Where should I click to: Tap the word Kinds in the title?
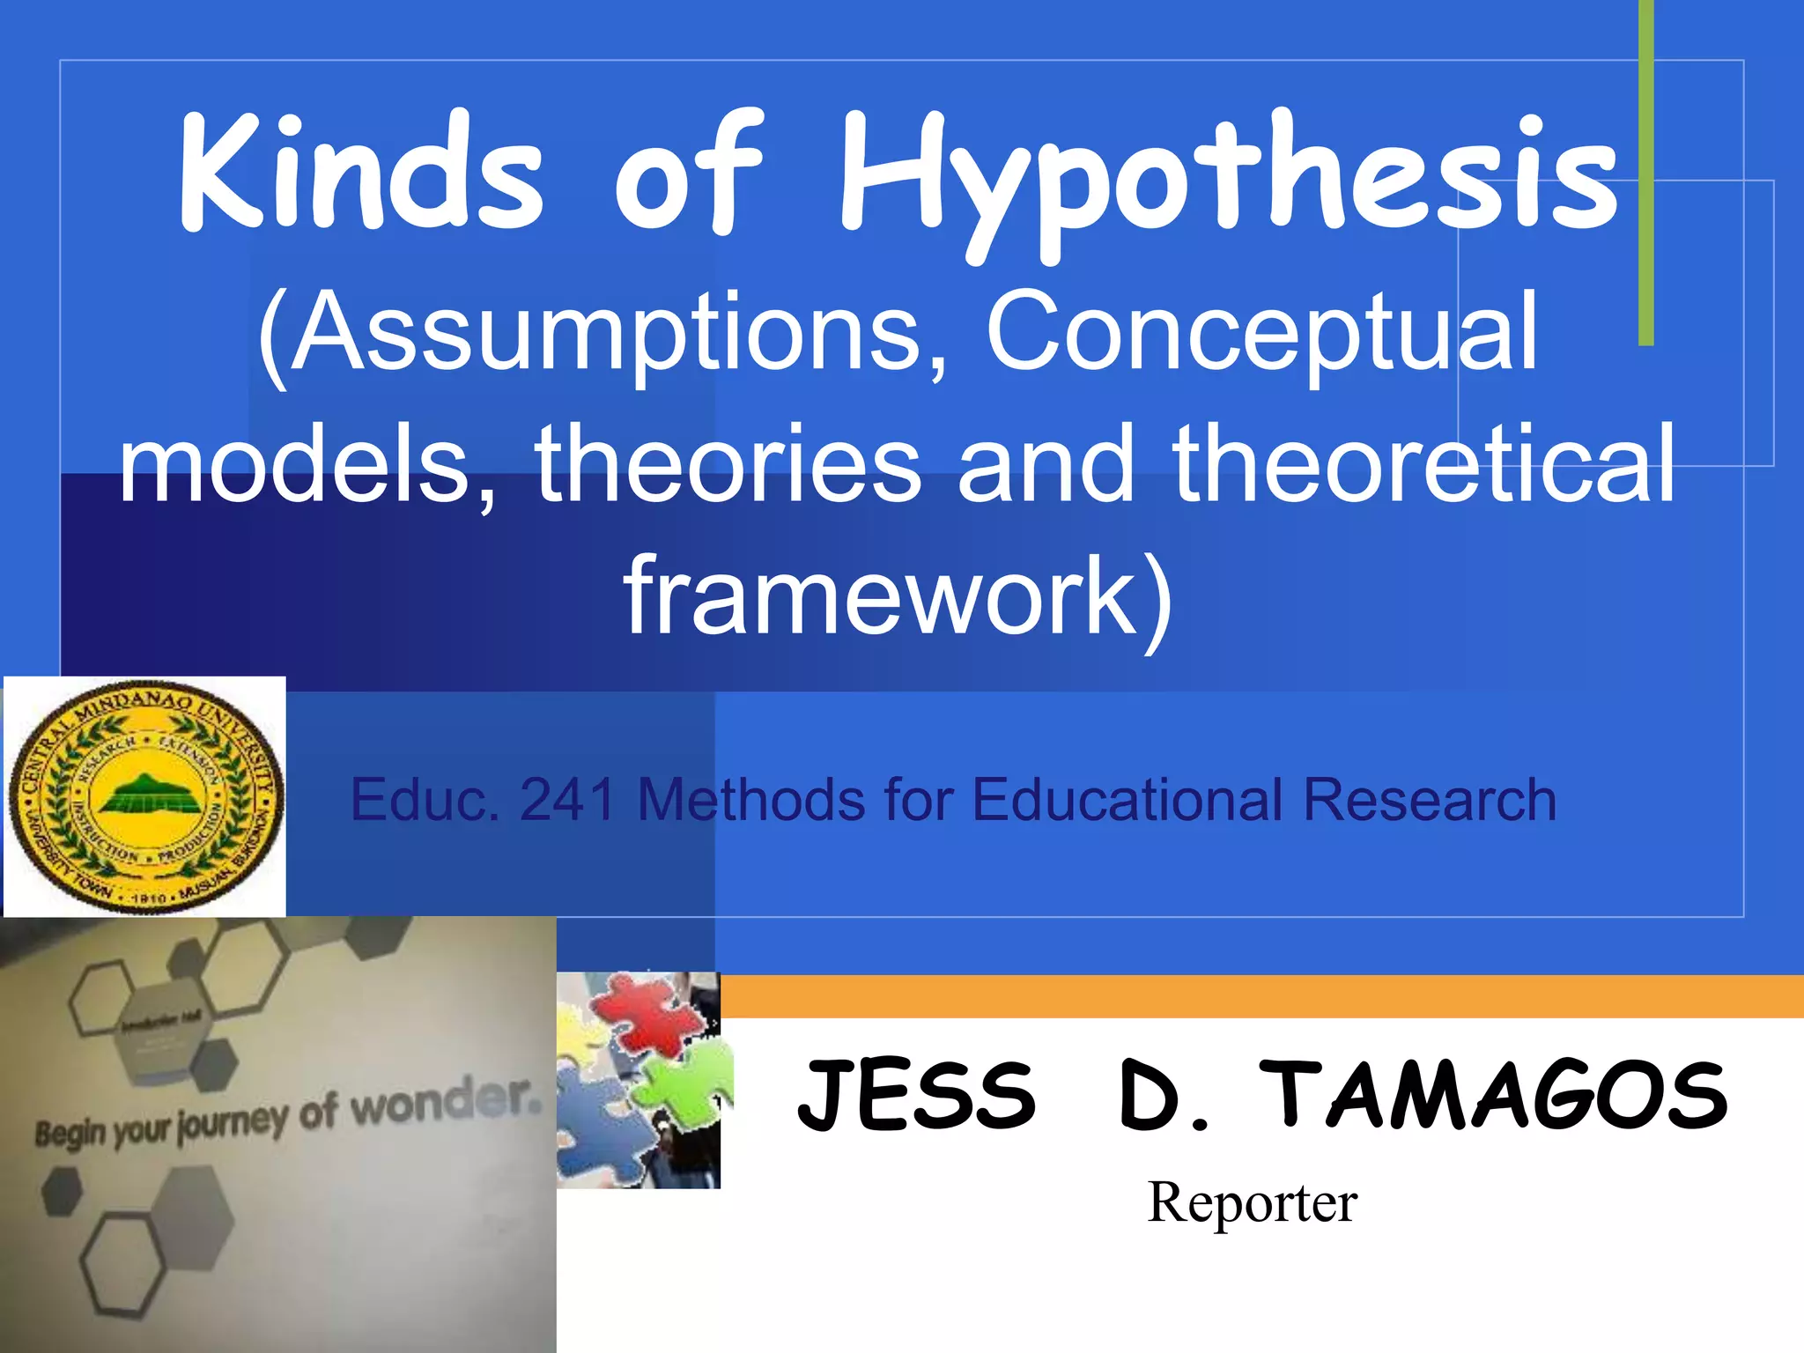(361, 172)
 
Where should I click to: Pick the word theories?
(728, 465)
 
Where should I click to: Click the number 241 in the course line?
(567, 800)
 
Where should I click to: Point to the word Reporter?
(1252, 1202)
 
